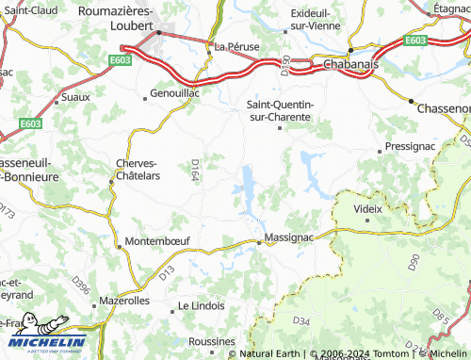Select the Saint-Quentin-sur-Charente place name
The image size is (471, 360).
(x=279, y=110)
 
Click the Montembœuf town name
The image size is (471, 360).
(x=157, y=240)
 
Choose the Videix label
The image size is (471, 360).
(x=367, y=207)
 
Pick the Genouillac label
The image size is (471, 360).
(x=176, y=94)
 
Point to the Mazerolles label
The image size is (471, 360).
(x=124, y=302)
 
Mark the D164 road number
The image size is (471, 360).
(x=194, y=170)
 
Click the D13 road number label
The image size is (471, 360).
(x=167, y=272)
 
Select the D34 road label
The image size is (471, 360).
(x=300, y=322)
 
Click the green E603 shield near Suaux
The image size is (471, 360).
(x=30, y=123)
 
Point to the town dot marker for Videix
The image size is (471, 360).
(x=367, y=221)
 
